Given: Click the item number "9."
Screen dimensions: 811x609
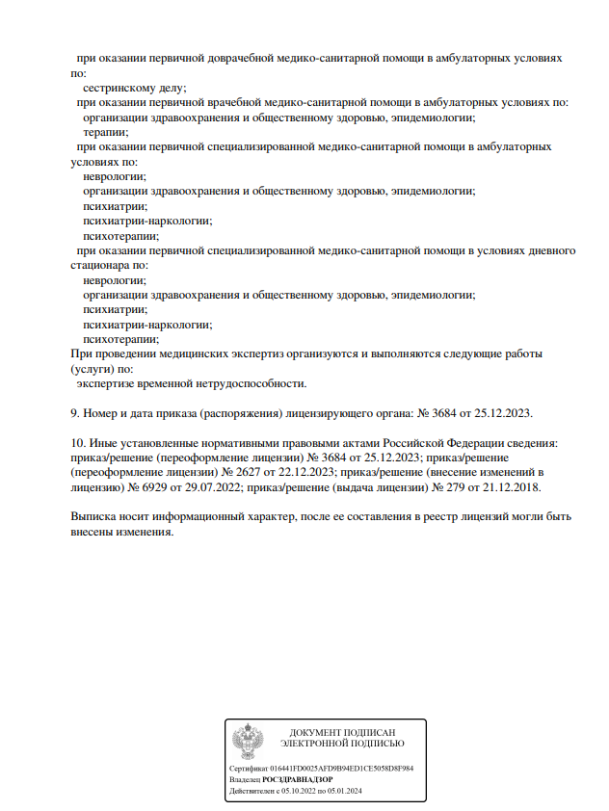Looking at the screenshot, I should (76, 412).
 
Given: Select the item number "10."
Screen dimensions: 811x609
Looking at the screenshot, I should (79, 442).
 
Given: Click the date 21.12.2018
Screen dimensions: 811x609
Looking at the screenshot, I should (510, 486).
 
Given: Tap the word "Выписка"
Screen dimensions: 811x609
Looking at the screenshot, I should (94, 516).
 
